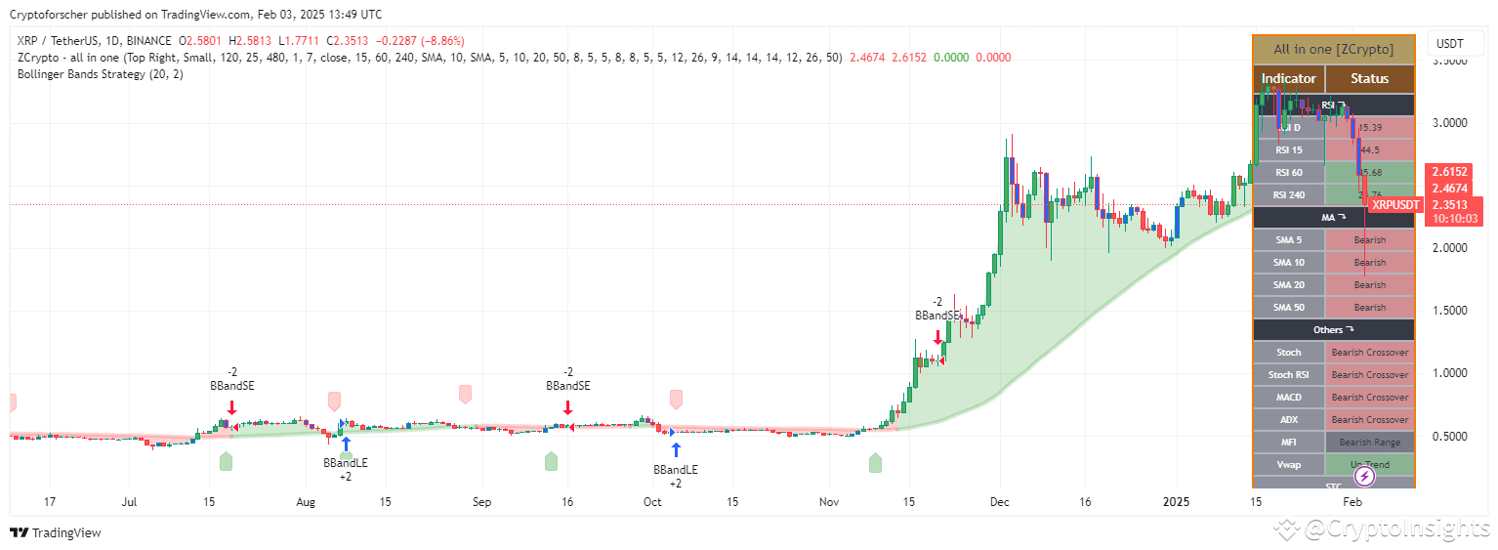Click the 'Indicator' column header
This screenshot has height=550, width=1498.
pos(1289,79)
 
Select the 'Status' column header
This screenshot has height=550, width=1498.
pos(1369,79)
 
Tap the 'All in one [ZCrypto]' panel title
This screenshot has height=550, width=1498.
pos(1333,49)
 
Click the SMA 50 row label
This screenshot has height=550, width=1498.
pos(1289,308)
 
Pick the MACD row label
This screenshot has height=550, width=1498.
pos(1289,398)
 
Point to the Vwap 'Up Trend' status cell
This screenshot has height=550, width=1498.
pos(1369,465)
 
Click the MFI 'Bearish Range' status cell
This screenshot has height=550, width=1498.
pos(1369,443)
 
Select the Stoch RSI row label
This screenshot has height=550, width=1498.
pos(1289,375)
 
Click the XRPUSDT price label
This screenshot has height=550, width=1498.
pos(1394,205)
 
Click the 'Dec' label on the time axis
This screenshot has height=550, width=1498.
pos(999,502)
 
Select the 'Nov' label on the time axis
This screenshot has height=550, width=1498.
pos(829,502)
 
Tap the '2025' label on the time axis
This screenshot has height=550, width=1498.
pos(1176,502)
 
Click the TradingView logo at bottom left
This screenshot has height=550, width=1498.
pos(56,533)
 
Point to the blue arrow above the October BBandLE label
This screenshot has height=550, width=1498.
pos(676,449)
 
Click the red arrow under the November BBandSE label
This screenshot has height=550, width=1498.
pos(937,337)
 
